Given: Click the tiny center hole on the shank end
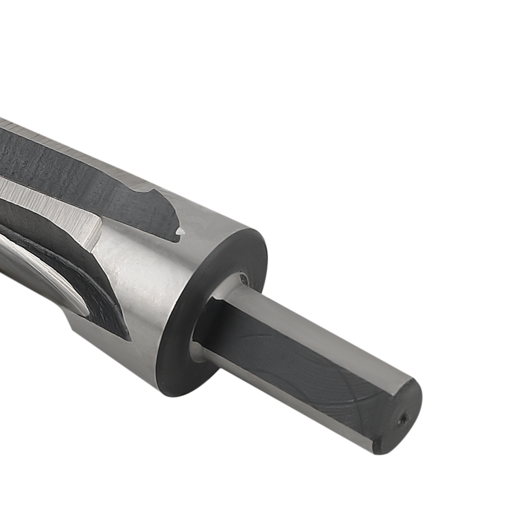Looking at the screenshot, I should pyautogui.click(x=403, y=418).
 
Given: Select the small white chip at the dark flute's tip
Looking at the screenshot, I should pyautogui.click(x=179, y=231).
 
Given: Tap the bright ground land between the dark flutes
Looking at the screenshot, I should pyautogui.click(x=46, y=199).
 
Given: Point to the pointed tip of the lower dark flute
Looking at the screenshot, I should pyautogui.click(x=125, y=336).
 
